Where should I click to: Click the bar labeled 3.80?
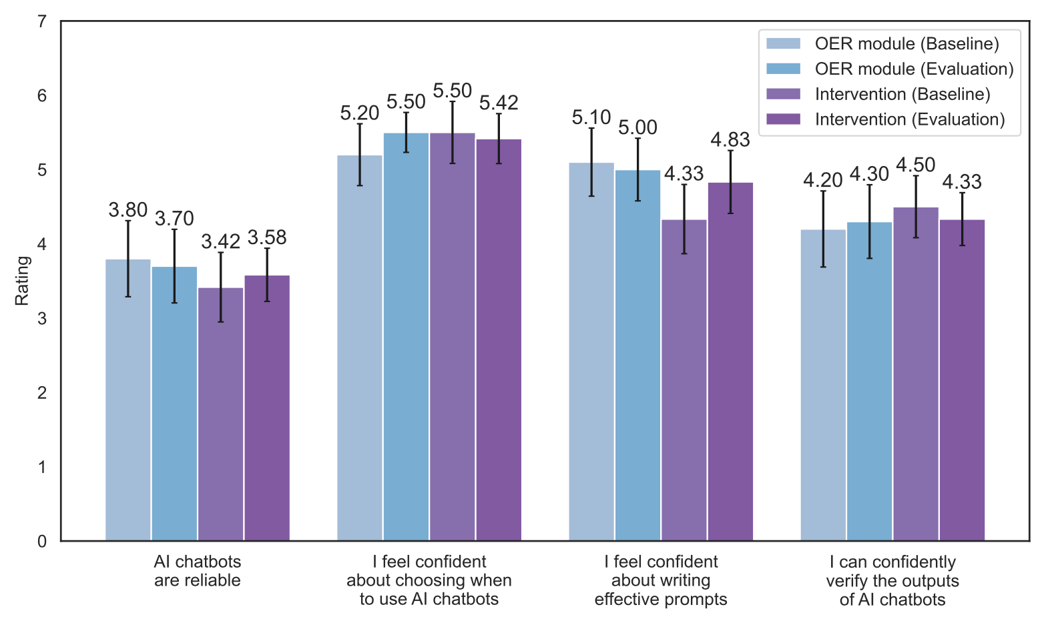[128, 400]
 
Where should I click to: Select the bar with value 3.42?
[221, 414]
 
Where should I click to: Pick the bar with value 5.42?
[499, 340]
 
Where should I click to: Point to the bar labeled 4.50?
[916, 374]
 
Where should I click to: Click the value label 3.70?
[174, 219]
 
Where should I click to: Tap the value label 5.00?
[637, 127]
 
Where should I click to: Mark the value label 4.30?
[869, 174]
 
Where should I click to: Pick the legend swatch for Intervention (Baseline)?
[783, 94]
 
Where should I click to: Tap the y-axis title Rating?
[23, 281]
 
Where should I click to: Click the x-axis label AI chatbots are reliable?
[198, 571]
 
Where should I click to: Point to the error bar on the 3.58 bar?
[267, 275]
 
